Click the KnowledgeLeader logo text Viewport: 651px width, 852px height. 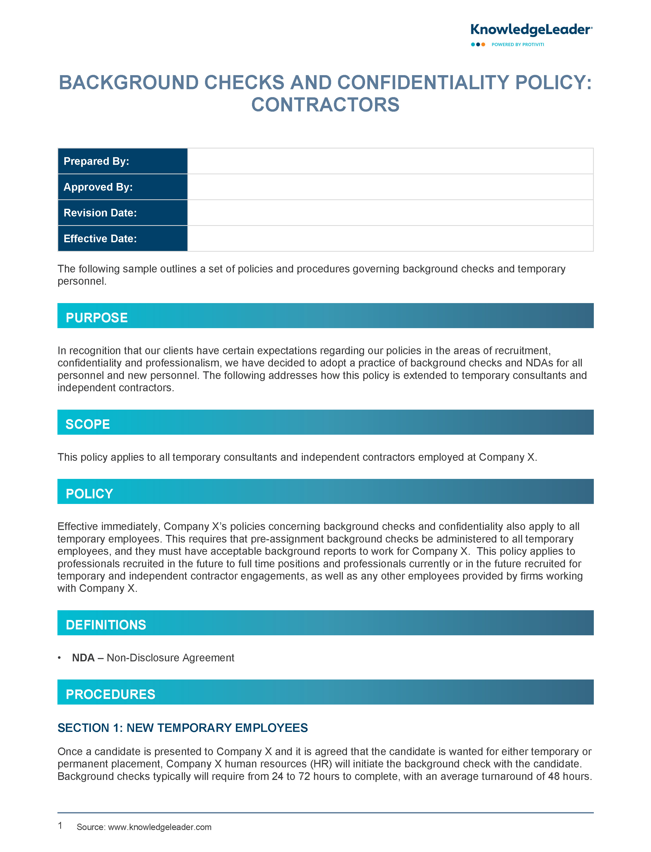(531, 30)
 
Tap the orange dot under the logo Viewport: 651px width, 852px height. (483, 45)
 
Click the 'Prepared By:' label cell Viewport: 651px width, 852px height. (123, 161)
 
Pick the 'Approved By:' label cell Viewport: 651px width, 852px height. (123, 187)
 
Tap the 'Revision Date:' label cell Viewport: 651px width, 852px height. (123, 213)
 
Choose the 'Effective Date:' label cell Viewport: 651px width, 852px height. (123, 238)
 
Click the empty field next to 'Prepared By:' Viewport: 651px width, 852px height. (390, 161)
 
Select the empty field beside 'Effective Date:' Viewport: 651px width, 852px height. (390, 238)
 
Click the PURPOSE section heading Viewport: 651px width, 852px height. (97, 318)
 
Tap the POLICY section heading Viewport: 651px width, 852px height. (90, 494)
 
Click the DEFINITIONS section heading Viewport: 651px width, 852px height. (106, 625)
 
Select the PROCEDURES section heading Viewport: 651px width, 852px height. (111, 694)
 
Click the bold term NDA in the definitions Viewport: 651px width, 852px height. (83, 658)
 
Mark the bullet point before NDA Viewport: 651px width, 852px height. (59, 658)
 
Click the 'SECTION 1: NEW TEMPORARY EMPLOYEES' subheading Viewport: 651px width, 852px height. (183, 728)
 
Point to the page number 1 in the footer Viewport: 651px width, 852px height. (60, 825)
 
